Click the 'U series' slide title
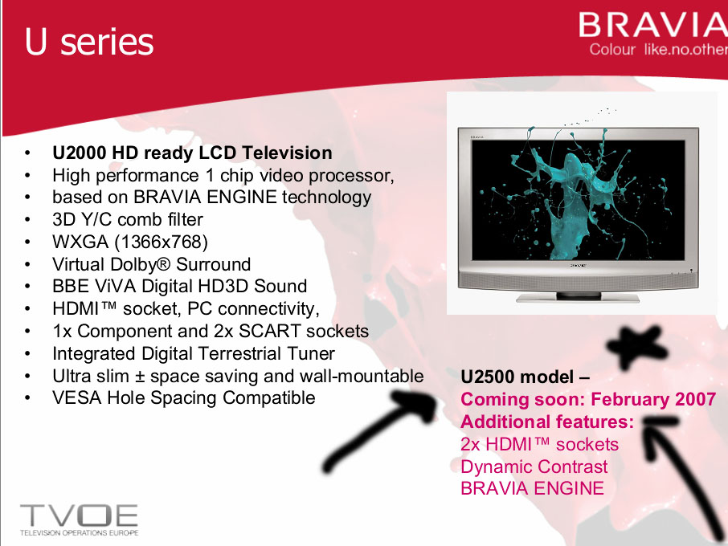pyautogui.click(x=88, y=42)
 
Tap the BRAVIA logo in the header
pyautogui.click(x=652, y=25)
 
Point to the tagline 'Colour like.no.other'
pyautogui.click(x=658, y=49)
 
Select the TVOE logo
pyautogui.click(x=79, y=520)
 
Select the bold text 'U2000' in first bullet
pyautogui.click(x=80, y=153)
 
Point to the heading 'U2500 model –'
pyautogui.click(x=525, y=377)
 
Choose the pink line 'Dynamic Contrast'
pyautogui.click(x=534, y=467)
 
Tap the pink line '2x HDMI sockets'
pyautogui.click(x=539, y=444)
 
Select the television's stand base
pyautogui.click(x=578, y=298)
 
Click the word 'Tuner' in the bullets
pyautogui.click(x=311, y=353)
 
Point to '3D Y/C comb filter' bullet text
pyautogui.click(x=128, y=219)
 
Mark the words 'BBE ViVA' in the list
pyautogui.click(x=94, y=286)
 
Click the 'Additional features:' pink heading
pyautogui.click(x=547, y=422)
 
